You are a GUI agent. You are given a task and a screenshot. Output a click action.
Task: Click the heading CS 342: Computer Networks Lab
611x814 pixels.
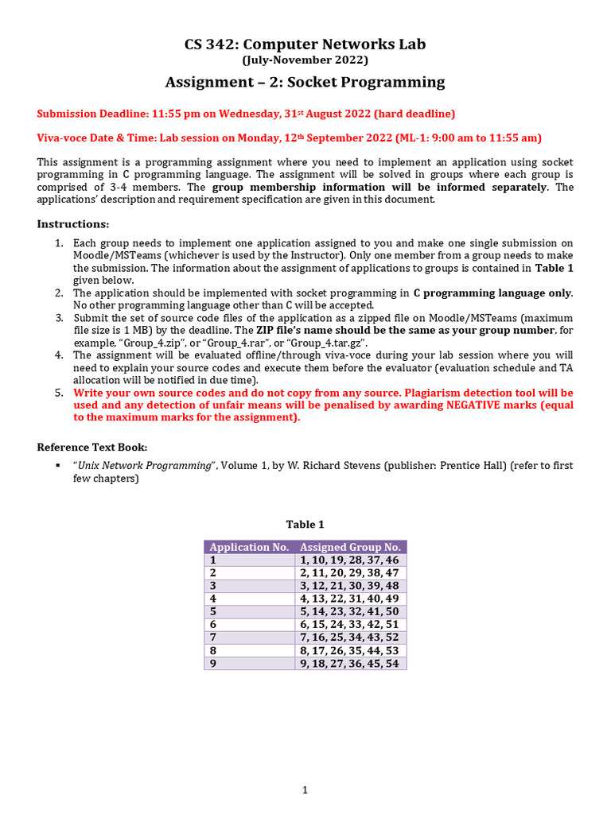pos(305,44)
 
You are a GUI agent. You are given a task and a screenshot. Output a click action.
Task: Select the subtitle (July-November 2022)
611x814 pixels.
pos(305,60)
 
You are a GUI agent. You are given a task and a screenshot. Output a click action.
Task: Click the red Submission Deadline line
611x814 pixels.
pos(246,114)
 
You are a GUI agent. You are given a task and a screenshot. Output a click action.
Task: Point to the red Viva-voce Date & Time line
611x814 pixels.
pos(289,138)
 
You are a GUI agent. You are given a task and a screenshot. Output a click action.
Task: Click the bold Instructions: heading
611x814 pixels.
pos(73,224)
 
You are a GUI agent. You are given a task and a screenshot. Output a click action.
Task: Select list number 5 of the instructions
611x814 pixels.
pos(58,393)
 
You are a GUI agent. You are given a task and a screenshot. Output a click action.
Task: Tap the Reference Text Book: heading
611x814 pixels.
pos(92,447)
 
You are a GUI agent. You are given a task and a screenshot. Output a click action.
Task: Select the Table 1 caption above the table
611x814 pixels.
pos(305,524)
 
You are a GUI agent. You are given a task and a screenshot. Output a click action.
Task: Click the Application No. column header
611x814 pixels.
pos(249,547)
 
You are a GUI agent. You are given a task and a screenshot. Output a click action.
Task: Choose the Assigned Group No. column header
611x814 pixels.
pos(350,547)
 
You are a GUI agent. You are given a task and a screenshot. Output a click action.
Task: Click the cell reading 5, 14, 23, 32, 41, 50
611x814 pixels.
pos(349,612)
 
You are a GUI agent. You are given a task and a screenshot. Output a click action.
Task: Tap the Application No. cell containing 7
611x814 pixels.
pos(213,638)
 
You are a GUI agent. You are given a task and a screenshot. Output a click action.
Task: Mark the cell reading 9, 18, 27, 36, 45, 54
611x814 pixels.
pos(349,664)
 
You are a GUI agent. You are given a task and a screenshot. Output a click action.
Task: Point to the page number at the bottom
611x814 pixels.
pos(305,790)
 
